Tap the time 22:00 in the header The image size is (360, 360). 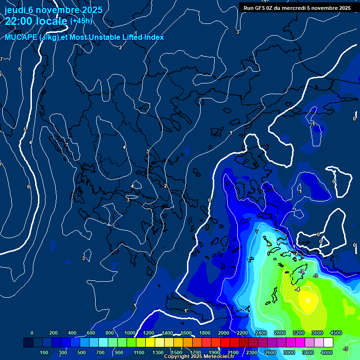[x=19, y=21]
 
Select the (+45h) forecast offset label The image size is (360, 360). [x=81, y=21]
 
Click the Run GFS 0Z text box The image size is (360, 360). [x=297, y=7]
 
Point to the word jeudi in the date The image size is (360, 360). [x=15, y=10]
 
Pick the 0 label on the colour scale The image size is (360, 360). [x=32, y=333]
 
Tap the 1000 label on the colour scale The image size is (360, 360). [x=129, y=333]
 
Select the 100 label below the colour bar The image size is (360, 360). [x=45, y=352]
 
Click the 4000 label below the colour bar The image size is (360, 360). [x=327, y=352]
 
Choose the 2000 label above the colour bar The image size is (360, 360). [x=223, y=333]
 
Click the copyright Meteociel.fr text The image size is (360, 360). [x=199, y=357]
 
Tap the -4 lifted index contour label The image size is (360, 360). [x=297, y=290]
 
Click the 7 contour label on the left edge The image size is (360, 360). [x=1, y=59]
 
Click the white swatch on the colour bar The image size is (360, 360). [x=328, y=343]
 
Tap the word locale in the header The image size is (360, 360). [x=52, y=21]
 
